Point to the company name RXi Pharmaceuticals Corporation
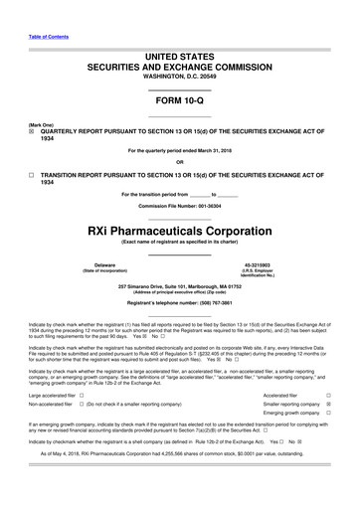(x=179, y=229)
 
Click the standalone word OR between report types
(x=179, y=161)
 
